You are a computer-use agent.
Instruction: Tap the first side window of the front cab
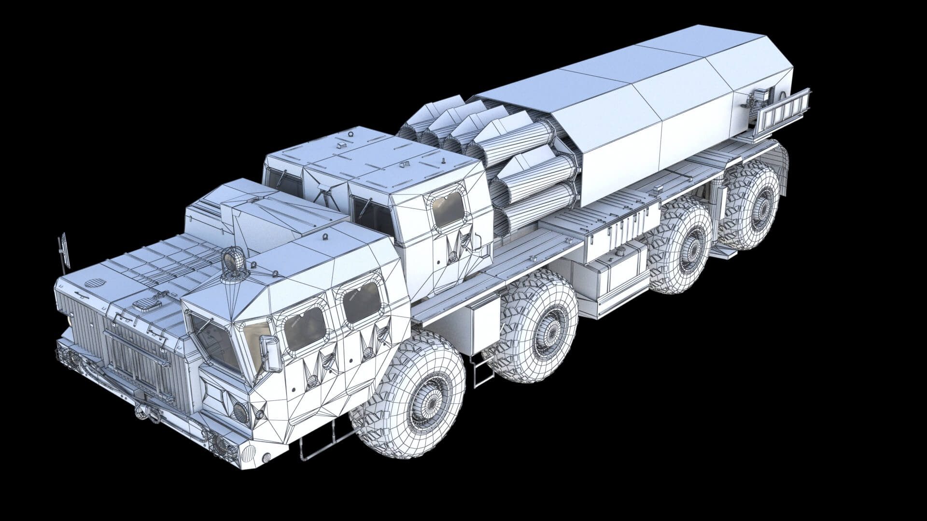[x=305, y=328]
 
